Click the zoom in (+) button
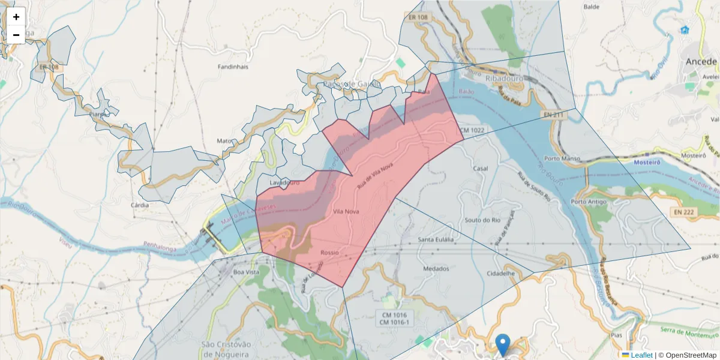pos(16,17)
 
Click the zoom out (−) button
pos(16,35)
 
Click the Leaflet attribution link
pos(641,355)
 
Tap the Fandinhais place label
pos(233,67)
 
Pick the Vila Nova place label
pos(346,211)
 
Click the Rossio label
pos(329,253)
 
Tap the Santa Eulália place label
pos(436,240)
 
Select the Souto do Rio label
pos(482,220)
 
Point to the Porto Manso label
pos(560,158)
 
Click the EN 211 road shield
pos(553,114)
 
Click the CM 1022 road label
pos(472,130)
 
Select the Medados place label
pos(436,269)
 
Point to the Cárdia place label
pos(139,205)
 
